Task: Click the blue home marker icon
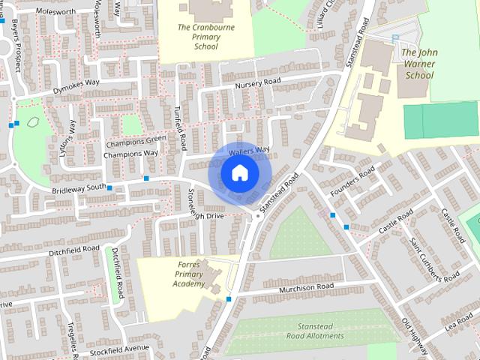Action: tap(239, 174)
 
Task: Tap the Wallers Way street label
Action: tap(249, 150)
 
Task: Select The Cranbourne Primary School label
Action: tap(198, 37)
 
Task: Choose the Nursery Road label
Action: tap(257, 82)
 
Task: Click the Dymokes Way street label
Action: tap(76, 86)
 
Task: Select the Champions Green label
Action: tap(136, 140)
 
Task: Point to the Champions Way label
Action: tap(130, 154)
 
